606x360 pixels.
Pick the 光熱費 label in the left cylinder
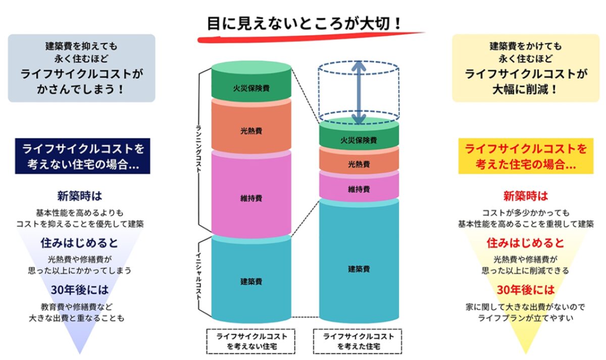pos(251,131)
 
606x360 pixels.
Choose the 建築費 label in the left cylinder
pos(251,281)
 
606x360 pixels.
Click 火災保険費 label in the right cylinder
pos(359,140)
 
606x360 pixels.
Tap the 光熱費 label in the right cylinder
pos(359,164)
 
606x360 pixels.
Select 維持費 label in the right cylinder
pos(359,189)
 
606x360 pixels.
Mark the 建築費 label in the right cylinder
pos(359,269)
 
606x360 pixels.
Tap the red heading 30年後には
pos(525,290)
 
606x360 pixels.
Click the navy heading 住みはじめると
pos(80,243)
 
